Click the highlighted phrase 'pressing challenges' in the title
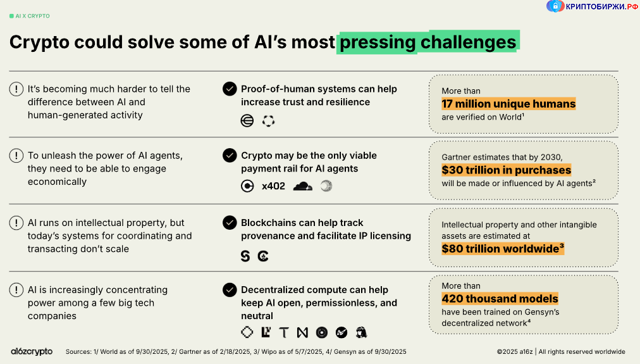tap(428, 42)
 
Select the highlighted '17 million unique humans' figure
tap(508, 104)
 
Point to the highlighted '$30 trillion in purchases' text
tap(506, 170)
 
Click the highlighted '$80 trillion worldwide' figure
tap(502, 249)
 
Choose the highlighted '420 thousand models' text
tap(500, 299)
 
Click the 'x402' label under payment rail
tap(273, 186)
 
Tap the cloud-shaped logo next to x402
tap(303, 186)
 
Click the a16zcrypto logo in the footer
tap(32, 351)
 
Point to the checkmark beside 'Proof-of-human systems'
tap(230, 89)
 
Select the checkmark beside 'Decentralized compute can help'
tap(230, 290)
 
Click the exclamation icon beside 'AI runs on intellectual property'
tap(16, 223)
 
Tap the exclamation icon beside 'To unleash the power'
tap(16, 156)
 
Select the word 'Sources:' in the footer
tap(79, 351)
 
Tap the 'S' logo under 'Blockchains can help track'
tap(245, 256)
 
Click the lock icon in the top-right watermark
tap(555, 6)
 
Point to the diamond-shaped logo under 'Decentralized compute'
tap(247, 332)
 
